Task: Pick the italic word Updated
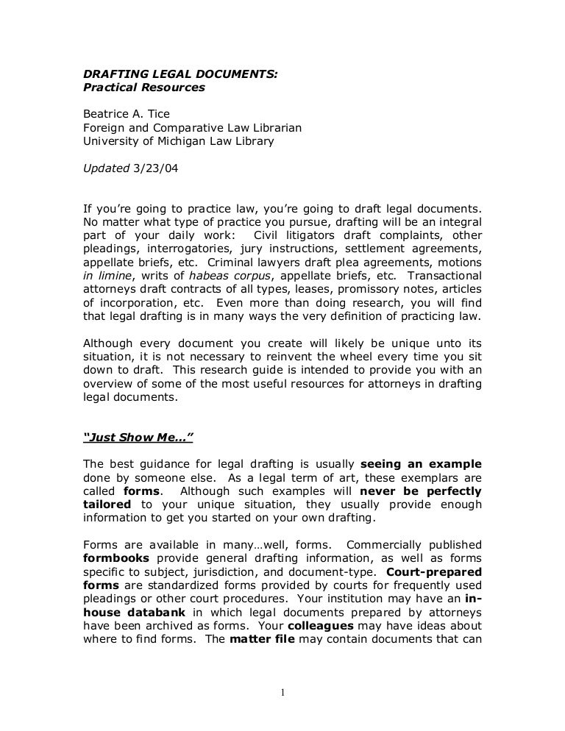tap(106, 167)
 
